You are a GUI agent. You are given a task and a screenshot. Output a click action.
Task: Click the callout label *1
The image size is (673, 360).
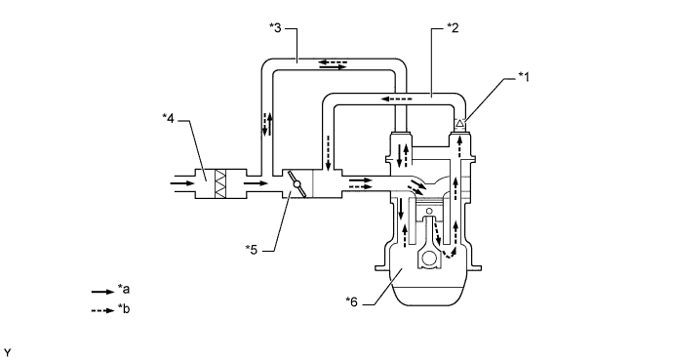(523, 77)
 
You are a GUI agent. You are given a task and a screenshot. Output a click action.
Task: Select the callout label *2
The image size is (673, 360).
(453, 28)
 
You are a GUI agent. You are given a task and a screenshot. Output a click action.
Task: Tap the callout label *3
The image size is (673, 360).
(275, 28)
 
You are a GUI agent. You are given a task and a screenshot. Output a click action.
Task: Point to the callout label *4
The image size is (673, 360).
(169, 118)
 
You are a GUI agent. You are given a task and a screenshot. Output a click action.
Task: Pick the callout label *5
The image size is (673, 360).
(252, 250)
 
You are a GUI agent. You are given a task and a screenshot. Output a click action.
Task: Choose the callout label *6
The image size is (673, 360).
(351, 302)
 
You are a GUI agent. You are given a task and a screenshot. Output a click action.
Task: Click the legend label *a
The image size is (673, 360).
(124, 290)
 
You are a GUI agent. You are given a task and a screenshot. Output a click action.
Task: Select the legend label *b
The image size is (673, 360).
(124, 309)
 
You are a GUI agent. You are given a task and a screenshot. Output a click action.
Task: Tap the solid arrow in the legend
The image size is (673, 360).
(103, 292)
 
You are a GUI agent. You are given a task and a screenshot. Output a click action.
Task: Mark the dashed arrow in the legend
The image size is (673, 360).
(103, 310)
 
